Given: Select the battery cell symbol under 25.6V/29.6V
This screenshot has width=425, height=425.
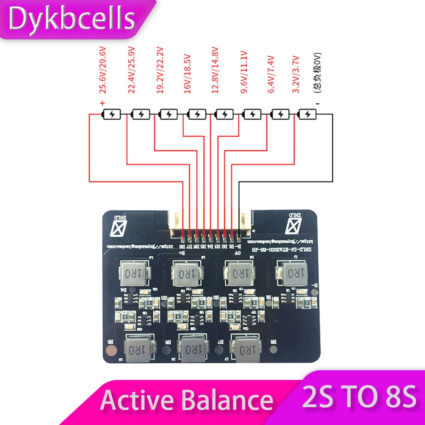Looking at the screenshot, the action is coord(112,114).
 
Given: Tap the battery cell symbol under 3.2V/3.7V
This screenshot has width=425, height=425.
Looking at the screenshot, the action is coord(308,114).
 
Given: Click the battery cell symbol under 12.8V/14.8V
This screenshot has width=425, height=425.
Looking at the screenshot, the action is coord(224,114).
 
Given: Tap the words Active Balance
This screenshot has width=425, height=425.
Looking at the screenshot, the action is coord(187,400).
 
